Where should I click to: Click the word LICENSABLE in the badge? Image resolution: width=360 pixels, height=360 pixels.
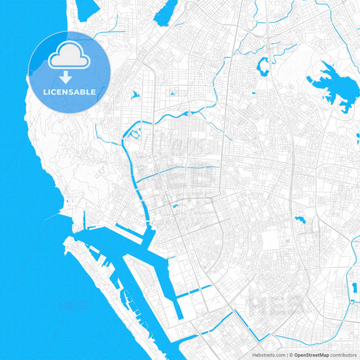click(70, 91)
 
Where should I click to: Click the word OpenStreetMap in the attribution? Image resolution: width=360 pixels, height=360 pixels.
click(310, 354)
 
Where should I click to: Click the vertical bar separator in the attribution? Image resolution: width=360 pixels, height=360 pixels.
click(288, 354)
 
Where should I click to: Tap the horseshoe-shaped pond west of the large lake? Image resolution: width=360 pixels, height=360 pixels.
click(262, 66)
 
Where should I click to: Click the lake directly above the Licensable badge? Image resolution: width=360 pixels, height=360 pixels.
click(87, 9)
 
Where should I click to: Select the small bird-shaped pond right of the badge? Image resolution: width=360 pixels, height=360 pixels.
click(135, 95)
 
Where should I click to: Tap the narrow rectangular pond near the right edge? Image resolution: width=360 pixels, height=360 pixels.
click(353, 289)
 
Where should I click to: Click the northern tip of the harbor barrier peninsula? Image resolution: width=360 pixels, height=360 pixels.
click(66, 240)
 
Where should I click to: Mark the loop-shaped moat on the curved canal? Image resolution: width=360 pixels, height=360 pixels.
click(132, 133)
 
